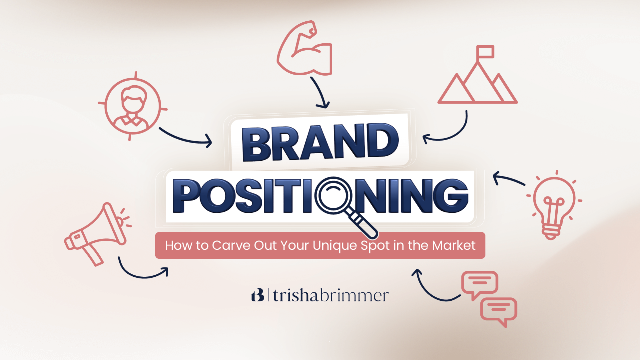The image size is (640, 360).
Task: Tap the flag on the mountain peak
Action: [485, 52]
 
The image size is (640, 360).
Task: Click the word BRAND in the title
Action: [320, 142]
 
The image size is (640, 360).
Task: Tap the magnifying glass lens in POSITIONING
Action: [333, 195]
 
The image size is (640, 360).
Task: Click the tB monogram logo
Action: [258, 295]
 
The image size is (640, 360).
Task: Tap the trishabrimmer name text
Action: [330, 295]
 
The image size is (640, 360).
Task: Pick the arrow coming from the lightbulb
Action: [508, 179]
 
